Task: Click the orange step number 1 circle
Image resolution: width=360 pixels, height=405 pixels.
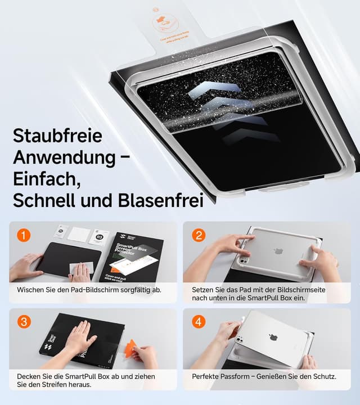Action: coord(23,235)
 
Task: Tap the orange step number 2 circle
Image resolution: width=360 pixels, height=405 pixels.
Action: coord(198,235)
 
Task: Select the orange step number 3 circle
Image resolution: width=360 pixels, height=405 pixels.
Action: coord(23,322)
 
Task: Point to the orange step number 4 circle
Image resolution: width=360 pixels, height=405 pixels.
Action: coord(198,322)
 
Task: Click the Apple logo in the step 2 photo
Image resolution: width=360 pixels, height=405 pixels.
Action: coord(278,251)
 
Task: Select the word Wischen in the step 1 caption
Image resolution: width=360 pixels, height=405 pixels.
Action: coord(31,290)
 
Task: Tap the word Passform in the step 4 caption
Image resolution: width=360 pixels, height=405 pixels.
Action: coord(234,376)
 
